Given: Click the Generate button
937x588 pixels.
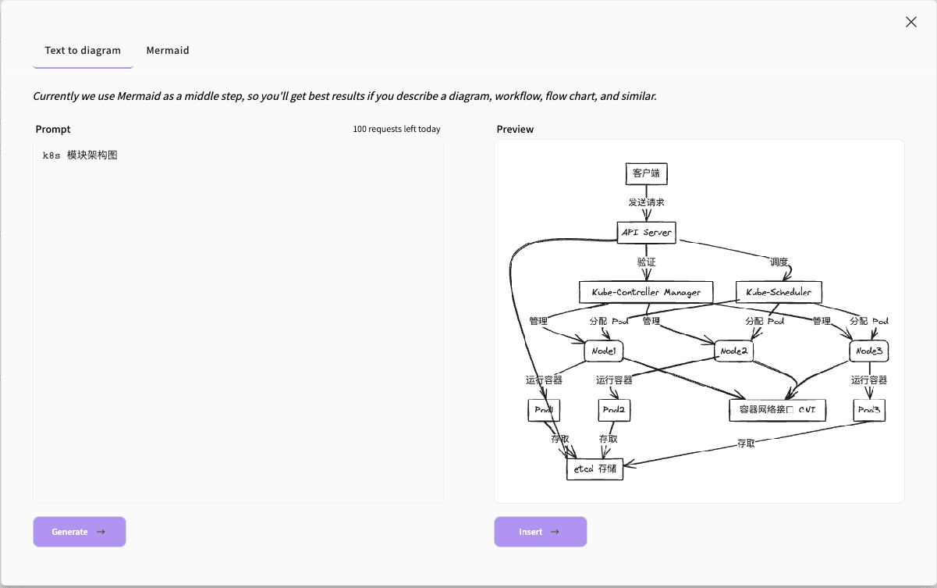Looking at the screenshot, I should pos(79,532).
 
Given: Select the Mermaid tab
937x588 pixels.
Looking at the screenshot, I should pos(168,51).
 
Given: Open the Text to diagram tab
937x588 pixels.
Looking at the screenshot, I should pos(83,51).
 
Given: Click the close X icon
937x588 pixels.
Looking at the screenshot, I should pos(910,22).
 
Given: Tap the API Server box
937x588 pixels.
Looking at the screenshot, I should pos(646,232).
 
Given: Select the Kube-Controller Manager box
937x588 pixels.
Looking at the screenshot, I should pos(646,292).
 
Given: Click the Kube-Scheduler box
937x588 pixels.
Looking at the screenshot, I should pos(779,292).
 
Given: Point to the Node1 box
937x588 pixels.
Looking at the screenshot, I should pos(604,351).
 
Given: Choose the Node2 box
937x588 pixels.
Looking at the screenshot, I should pos(733,351).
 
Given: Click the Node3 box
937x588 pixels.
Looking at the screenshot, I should pos(868,351).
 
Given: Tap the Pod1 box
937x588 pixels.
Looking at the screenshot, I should pos(544,411).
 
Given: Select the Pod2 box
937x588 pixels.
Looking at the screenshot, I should pos(614,411).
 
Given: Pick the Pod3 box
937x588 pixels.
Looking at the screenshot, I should pos(869,410).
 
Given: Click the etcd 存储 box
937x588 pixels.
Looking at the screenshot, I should pos(594,469).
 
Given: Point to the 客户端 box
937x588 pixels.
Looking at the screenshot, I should pos(646,173).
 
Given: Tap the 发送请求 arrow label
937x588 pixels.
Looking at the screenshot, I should pos(646,202).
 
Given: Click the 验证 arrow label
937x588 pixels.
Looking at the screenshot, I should pos(646,262).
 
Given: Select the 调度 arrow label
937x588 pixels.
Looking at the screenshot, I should pos(779,262).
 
